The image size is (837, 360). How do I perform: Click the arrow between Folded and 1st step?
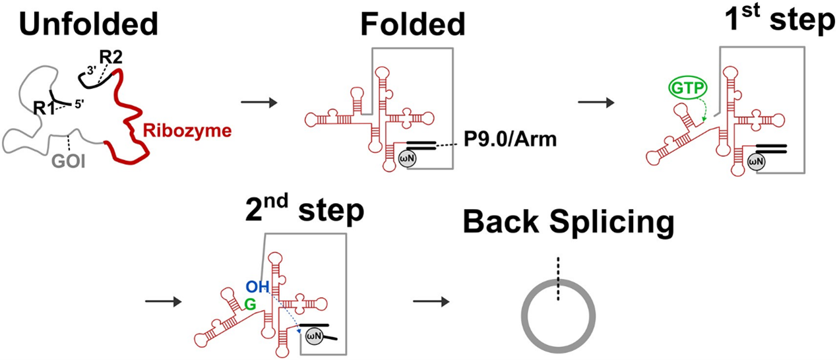pyautogui.click(x=594, y=102)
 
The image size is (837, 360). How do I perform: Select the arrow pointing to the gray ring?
pyautogui.click(x=430, y=302)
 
